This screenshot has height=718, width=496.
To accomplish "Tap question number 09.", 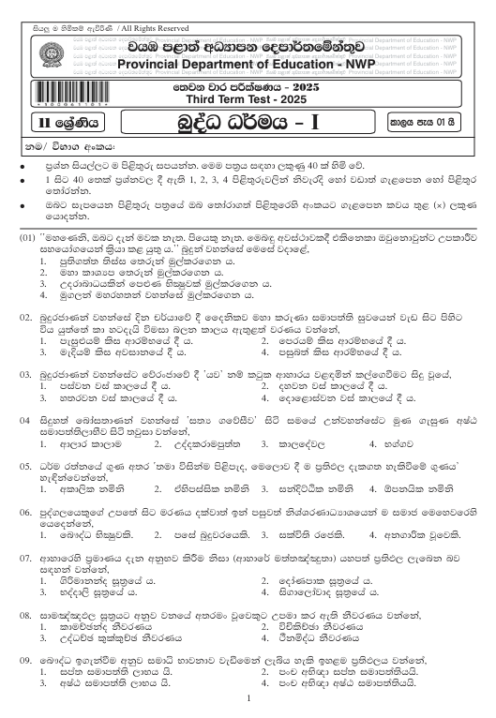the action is point(28,658).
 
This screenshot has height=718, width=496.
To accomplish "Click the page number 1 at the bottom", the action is point(248,698).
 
